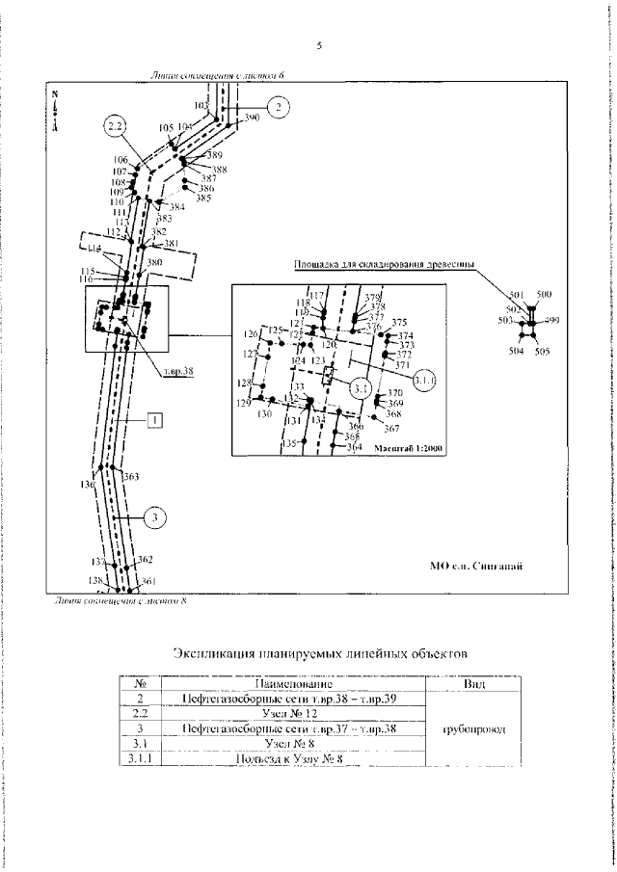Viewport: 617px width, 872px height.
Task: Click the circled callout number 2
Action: coord(277,107)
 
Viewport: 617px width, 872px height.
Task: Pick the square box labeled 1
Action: coord(153,419)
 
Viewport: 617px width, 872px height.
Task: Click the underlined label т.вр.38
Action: coord(178,370)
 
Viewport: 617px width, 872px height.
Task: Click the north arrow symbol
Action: coord(56,111)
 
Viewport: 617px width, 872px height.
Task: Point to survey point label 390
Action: coord(252,118)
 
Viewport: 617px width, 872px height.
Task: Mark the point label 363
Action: coord(132,476)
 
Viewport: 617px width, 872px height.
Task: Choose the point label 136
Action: coord(88,484)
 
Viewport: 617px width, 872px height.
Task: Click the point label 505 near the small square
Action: coord(542,353)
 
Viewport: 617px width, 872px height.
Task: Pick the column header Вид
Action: coord(474,683)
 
